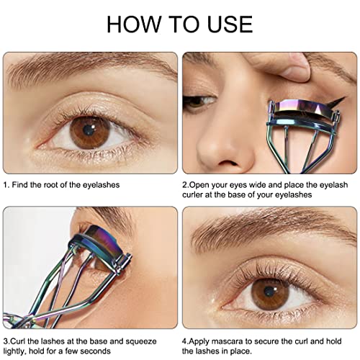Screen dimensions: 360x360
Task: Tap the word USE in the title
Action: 225,23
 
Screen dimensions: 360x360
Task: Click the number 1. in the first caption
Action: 6,185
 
